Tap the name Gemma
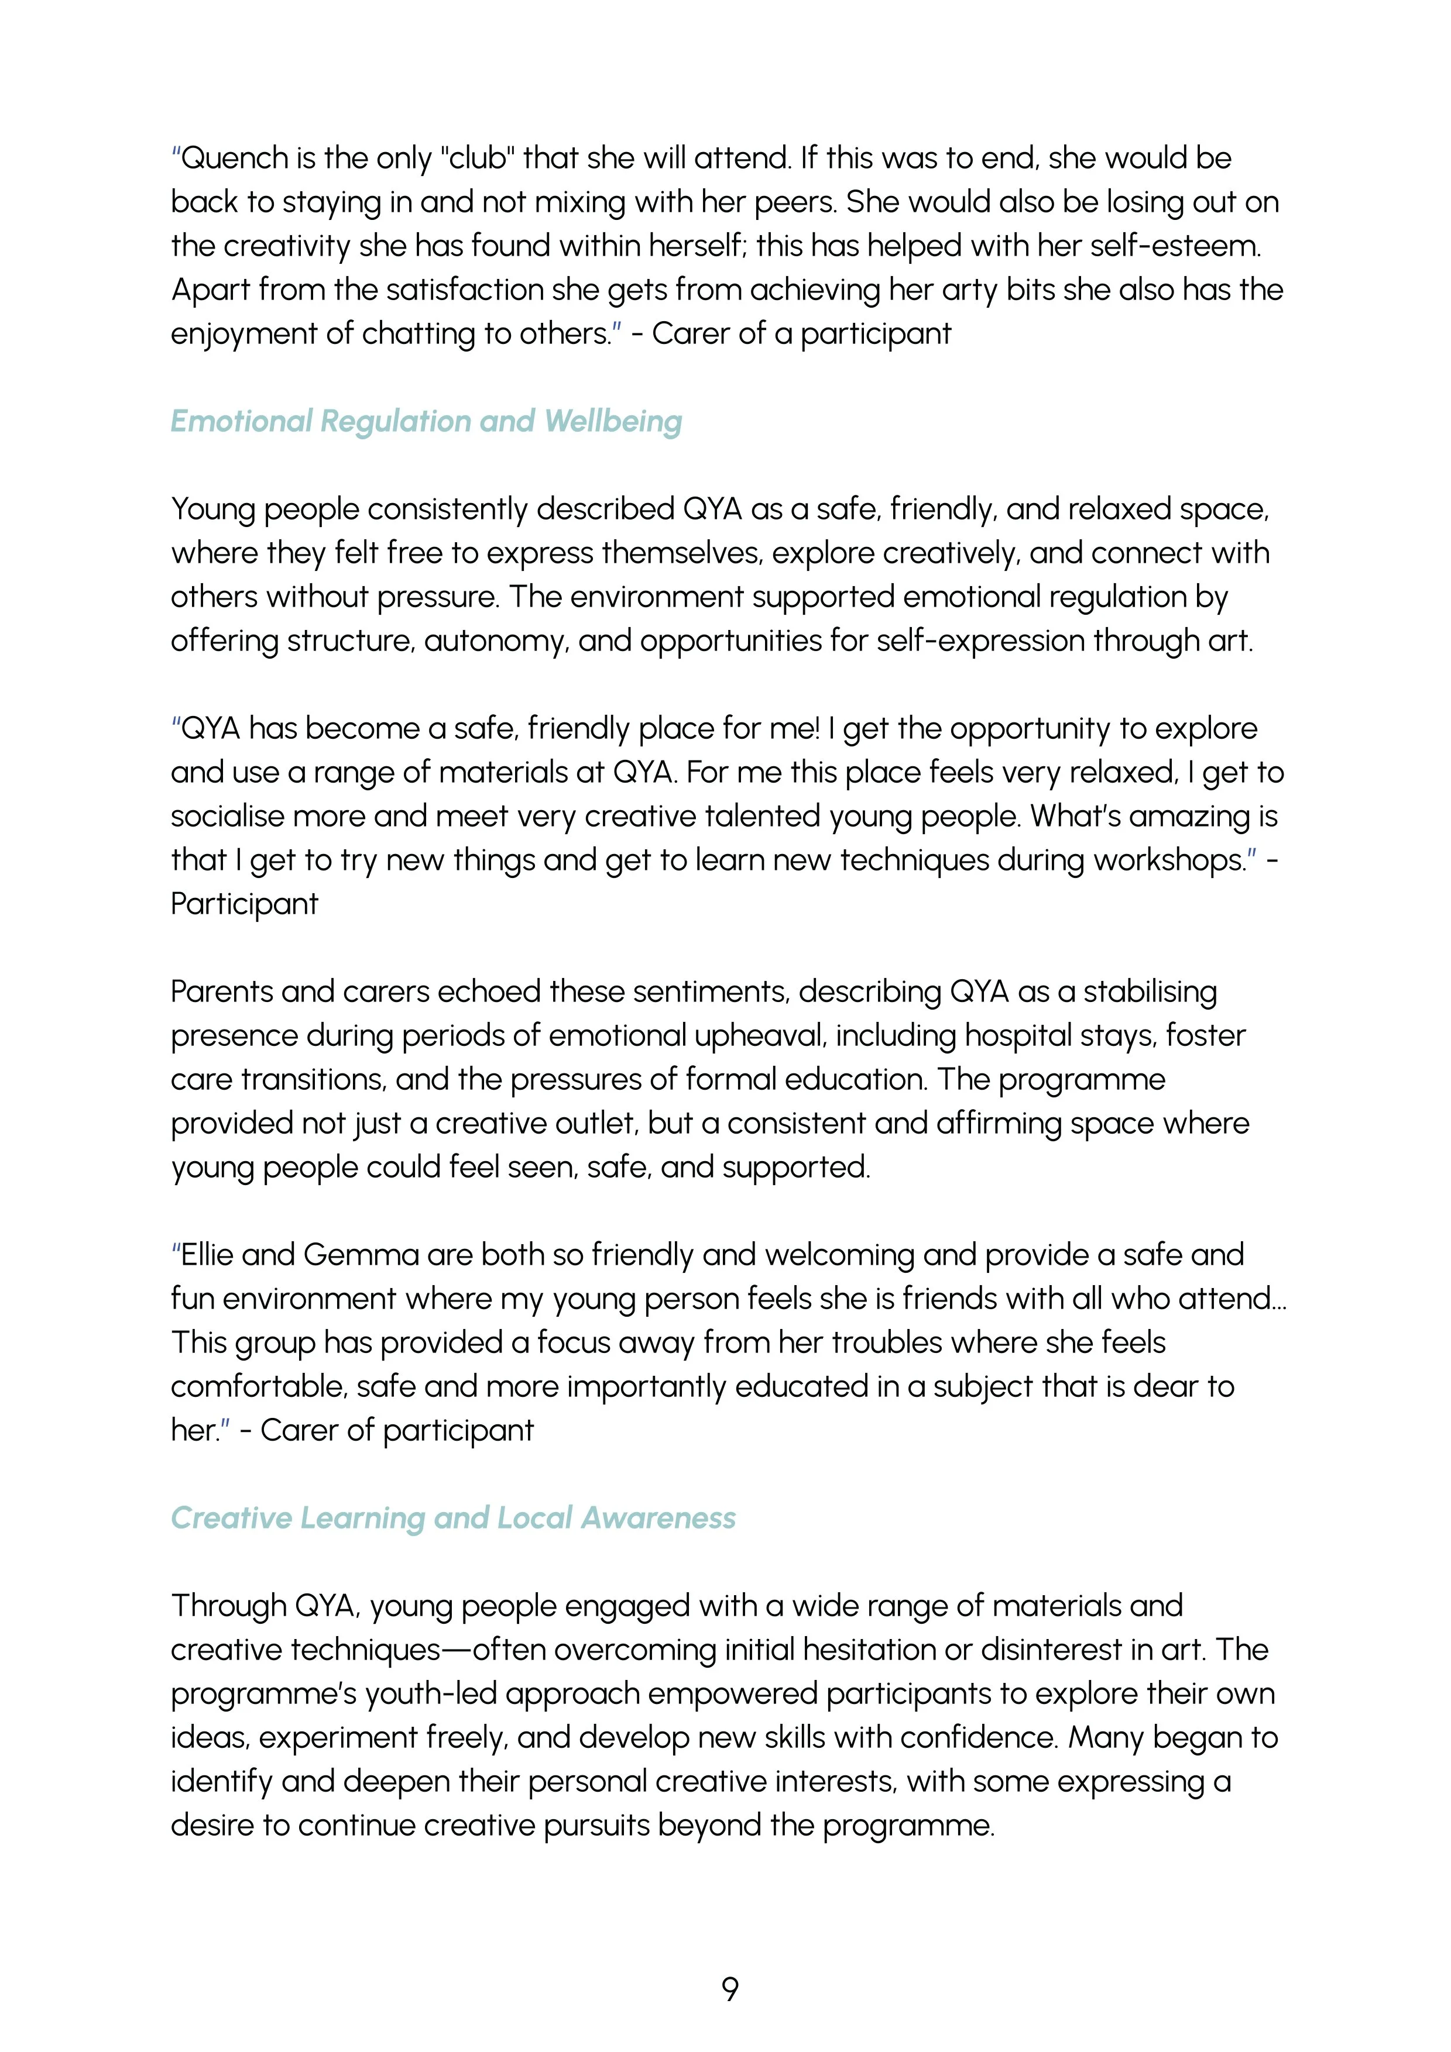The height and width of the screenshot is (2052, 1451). coord(361,1255)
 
